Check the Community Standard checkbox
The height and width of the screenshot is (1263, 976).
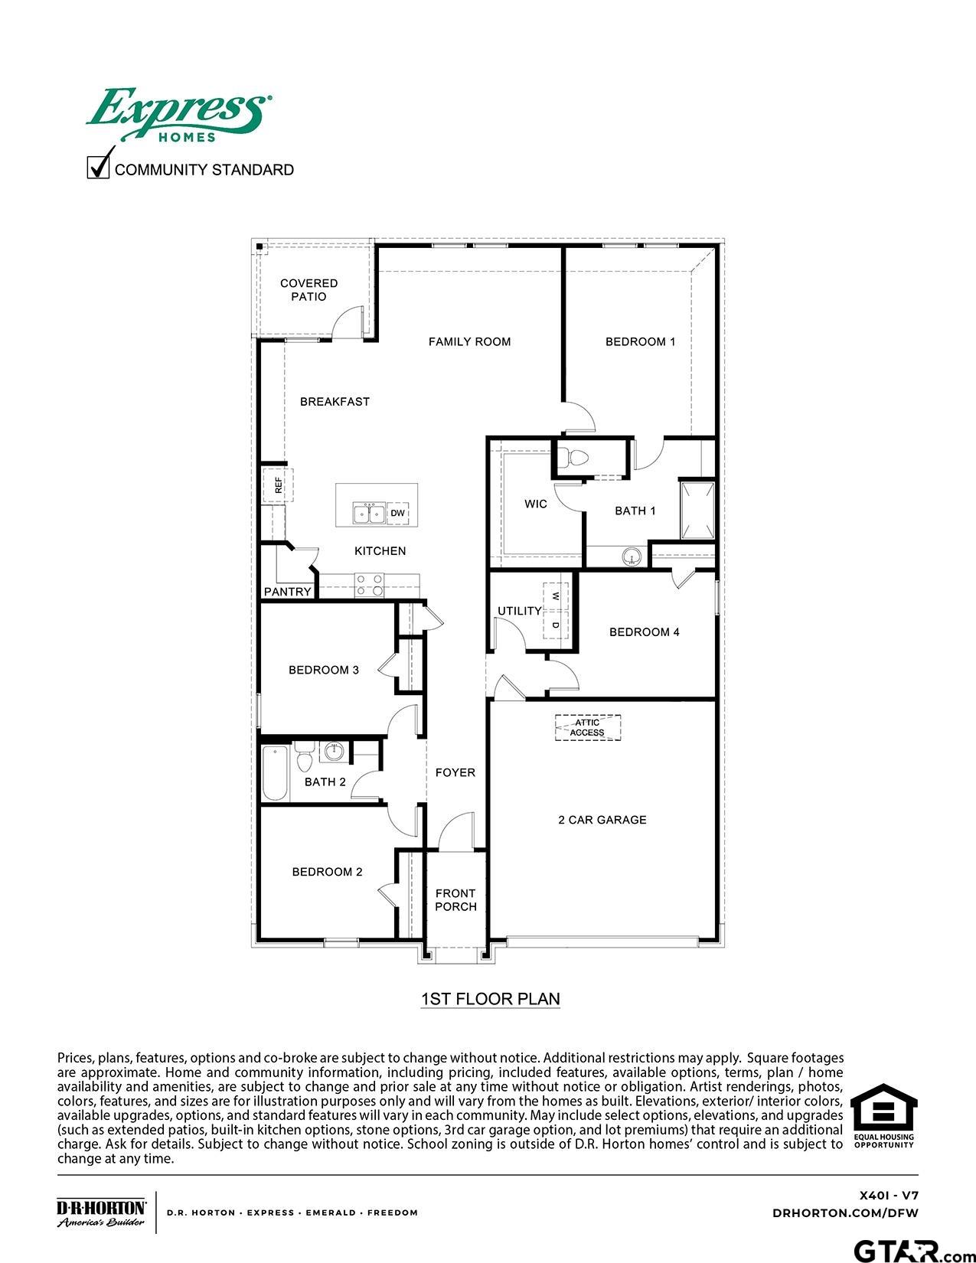98,166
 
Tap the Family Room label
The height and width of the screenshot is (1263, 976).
469,341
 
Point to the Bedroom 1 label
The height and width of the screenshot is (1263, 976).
640,341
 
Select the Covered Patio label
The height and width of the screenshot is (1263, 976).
308,290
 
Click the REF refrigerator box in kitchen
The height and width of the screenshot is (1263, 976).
278,485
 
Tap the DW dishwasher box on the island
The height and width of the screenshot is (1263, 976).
398,513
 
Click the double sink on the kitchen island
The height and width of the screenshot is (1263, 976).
368,513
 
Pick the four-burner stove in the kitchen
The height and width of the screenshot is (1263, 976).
369,586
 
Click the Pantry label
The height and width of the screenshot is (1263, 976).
288,592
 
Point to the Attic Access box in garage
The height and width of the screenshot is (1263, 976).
587,727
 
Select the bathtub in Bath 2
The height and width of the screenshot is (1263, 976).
274,773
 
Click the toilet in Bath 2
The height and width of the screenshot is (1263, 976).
304,757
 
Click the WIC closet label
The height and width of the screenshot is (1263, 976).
536,504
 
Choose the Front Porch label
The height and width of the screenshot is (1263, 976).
455,899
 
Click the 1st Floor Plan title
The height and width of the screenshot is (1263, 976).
490,999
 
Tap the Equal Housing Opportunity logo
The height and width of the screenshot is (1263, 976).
884,1115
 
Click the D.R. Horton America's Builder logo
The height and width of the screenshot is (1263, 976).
101,1212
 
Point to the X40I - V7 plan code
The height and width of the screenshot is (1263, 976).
888,1195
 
